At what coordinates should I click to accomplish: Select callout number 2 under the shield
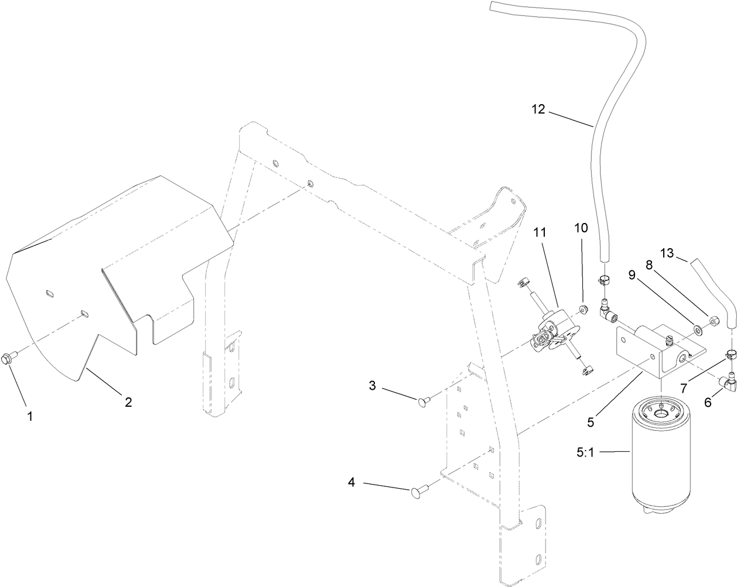coord(128,386)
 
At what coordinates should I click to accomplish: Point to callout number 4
coord(352,483)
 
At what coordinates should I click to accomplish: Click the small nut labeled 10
coord(584,309)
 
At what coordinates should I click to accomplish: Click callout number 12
coord(538,109)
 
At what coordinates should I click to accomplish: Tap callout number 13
coord(667,253)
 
